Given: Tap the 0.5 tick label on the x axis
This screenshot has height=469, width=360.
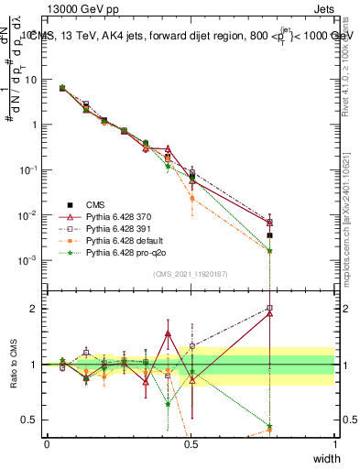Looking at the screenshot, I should pyautogui.click(x=191, y=444).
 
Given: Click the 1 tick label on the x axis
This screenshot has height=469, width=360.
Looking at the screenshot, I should pyautogui.click(x=334, y=444).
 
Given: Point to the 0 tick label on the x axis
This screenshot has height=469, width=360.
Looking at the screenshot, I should pyautogui.click(x=47, y=444).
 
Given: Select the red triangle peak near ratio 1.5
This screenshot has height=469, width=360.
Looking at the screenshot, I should pyautogui.click(x=168, y=333).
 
